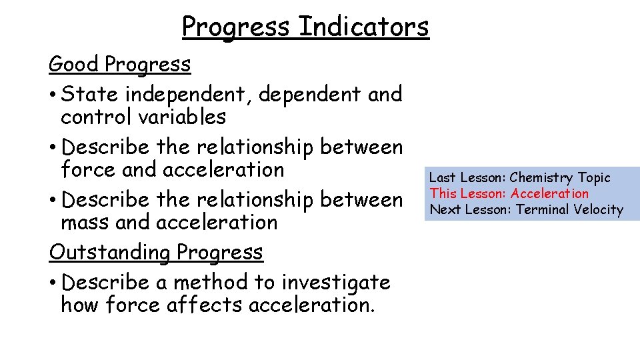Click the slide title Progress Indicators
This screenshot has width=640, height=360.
pyautogui.click(x=305, y=27)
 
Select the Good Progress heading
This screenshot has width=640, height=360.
pyautogui.click(x=119, y=65)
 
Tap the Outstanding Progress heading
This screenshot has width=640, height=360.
pyautogui.click(x=156, y=253)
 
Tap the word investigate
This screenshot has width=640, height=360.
pyautogui.click(x=336, y=283)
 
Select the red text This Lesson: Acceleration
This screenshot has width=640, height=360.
pyautogui.click(x=509, y=194)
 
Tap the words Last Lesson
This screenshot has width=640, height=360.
pyautogui.click(x=467, y=178)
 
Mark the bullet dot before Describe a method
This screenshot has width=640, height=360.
pyautogui.click(x=53, y=283)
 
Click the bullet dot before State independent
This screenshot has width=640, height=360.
pyautogui.click(x=53, y=95)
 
